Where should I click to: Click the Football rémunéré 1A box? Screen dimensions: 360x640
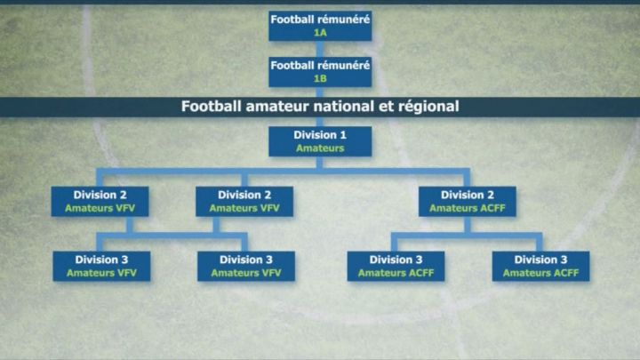[x=320, y=25]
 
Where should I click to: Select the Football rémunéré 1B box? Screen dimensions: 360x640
[x=320, y=71]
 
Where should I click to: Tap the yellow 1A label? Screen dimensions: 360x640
[x=320, y=32]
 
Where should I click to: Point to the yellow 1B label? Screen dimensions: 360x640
[x=320, y=78]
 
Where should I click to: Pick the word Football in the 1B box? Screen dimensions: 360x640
[x=292, y=65]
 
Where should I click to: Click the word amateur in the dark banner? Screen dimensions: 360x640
[x=276, y=107]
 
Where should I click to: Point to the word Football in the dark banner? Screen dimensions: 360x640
[x=211, y=107]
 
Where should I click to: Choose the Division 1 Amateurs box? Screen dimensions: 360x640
[x=320, y=141]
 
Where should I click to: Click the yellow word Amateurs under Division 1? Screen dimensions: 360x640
[x=320, y=148]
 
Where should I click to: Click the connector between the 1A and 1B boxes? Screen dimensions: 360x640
[x=320, y=48]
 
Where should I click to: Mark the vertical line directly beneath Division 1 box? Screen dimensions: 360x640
[x=320, y=163]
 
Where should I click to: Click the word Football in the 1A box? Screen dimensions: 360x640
[x=292, y=19]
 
